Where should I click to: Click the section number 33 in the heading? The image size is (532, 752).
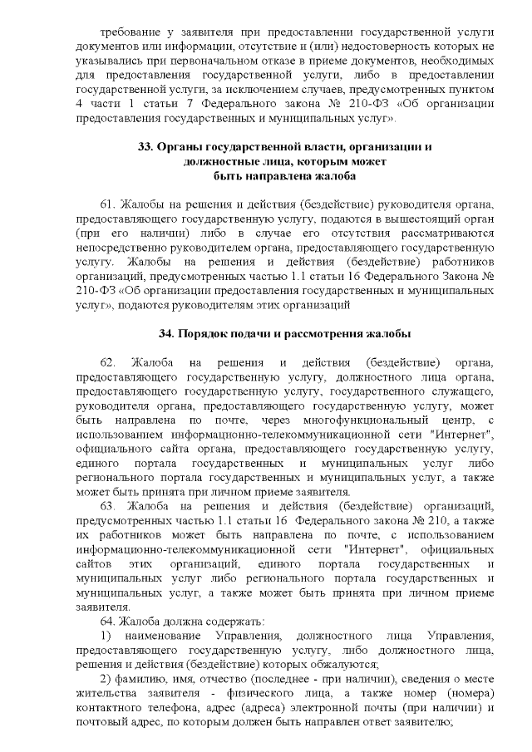145,147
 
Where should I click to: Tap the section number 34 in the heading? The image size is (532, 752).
165,333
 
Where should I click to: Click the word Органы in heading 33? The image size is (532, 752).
180,147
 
